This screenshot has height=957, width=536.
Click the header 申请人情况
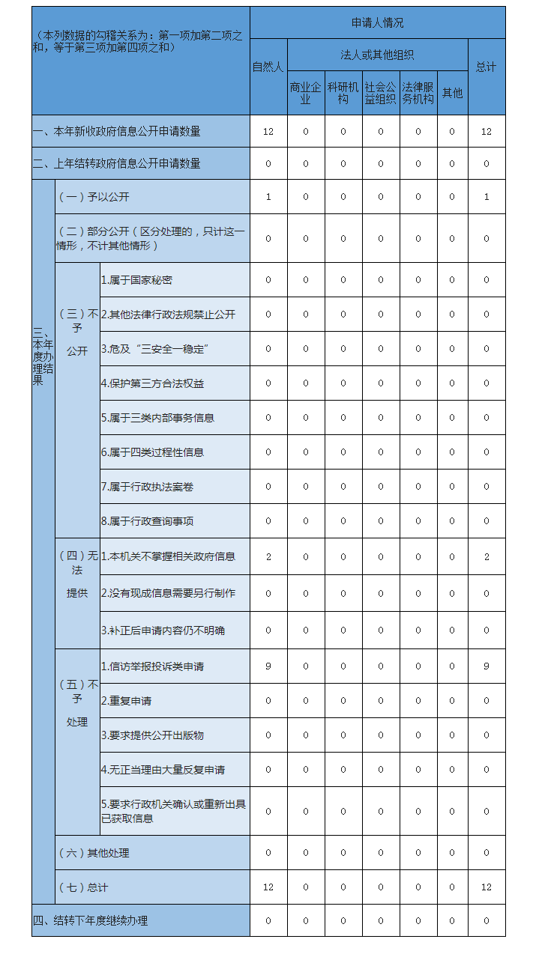click(377, 23)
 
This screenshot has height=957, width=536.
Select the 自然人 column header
click(268, 67)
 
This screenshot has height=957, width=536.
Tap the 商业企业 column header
click(305, 94)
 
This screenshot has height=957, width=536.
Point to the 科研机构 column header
click(343, 94)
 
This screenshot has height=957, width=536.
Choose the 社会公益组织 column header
click(380, 94)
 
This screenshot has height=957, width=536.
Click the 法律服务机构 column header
click(418, 94)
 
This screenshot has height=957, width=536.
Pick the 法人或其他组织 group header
click(377, 55)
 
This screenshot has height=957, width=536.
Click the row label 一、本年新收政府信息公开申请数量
click(117, 132)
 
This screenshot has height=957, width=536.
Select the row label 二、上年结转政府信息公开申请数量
click(117, 164)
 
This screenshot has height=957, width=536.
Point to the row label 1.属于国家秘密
click(137, 280)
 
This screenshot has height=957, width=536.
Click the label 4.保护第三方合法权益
click(153, 383)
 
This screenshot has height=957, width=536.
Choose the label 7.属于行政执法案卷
click(148, 487)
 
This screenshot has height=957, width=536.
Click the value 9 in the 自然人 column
click(268, 666)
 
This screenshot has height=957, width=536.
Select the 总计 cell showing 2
click(487, 556)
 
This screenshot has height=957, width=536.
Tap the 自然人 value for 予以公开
click(268, 197)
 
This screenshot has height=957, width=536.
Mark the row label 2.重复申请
click(127, 701)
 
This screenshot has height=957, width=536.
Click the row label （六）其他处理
click(94, 853)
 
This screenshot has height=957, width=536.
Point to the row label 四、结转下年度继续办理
click(91, 921)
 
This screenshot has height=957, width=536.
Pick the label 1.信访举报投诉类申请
click(153, 666)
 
